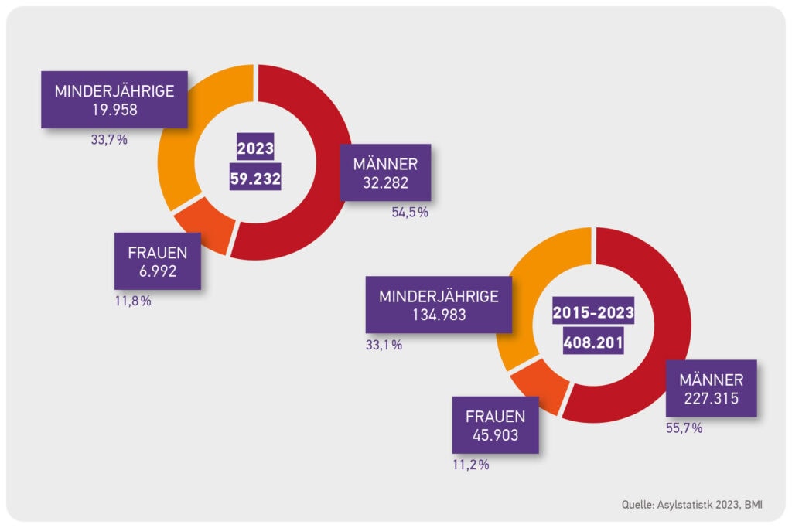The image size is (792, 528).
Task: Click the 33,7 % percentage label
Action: (x=109, y=139)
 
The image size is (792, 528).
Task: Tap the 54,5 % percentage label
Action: (x=410, y=212)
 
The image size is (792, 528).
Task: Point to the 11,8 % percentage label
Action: (x=133, y=301)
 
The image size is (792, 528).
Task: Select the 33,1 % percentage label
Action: (x=384, y=345)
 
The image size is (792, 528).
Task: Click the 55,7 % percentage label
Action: (x=684, y=428)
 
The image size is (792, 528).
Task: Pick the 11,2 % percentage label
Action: (x=471, y=465)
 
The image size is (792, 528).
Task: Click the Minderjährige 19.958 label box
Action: (x=114, y=100)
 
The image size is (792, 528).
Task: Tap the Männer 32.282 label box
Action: (x=385, y=172)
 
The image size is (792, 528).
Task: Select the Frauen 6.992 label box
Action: (x=158, y=261)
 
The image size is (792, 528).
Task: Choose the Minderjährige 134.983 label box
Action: (x=439, y=305)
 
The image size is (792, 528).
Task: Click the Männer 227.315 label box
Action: (x=712, y=388)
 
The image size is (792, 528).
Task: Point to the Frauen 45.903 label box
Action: (x=496, y=425)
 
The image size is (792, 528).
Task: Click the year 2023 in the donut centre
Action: (x=255, y=148)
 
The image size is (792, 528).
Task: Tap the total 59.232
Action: (x=255, y=177)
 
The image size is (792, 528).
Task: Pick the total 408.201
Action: (x=593, y=341)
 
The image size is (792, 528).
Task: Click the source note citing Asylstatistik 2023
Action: (x=692, y=504)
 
